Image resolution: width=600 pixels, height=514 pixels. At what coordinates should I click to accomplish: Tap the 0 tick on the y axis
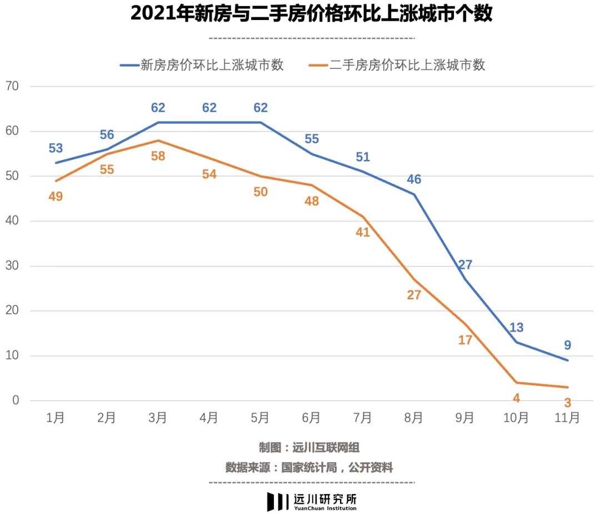pyautogui.click(x=15, y=400)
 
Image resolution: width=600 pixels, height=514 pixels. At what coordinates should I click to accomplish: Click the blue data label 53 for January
pyautogui.click(x=56, y=148)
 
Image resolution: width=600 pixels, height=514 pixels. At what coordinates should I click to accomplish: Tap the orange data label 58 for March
pyautogui.click(x=158, y=156)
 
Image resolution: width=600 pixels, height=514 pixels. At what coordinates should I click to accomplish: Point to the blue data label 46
pyautogui.click(x=414, y=179)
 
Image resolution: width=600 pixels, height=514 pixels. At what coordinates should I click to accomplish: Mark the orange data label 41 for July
pyautogui.click(x=363, y=233)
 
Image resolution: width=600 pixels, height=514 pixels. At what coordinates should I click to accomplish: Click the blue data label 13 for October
pyautogui.click(x=516, y=327)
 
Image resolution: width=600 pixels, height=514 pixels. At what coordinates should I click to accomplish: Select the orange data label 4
pyautogui.click(x=516, y=398)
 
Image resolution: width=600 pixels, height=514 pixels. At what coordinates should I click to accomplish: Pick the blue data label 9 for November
pyautogui.click(x=567, y=345)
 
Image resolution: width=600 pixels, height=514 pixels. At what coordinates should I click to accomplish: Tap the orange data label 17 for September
pyautogui.click(x=465, y=340)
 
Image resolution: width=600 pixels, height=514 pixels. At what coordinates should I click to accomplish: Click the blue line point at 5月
pyautogui.click(x=260, y=122)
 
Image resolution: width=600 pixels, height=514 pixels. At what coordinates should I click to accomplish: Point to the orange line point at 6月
pyautogui.click(x=312, y=185)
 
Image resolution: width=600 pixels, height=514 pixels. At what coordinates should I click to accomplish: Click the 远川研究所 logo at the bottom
pyautogui.click(x=311, y=501)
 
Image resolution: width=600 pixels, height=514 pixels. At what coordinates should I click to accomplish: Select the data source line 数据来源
pyautogui.click(x=309, y=468)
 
